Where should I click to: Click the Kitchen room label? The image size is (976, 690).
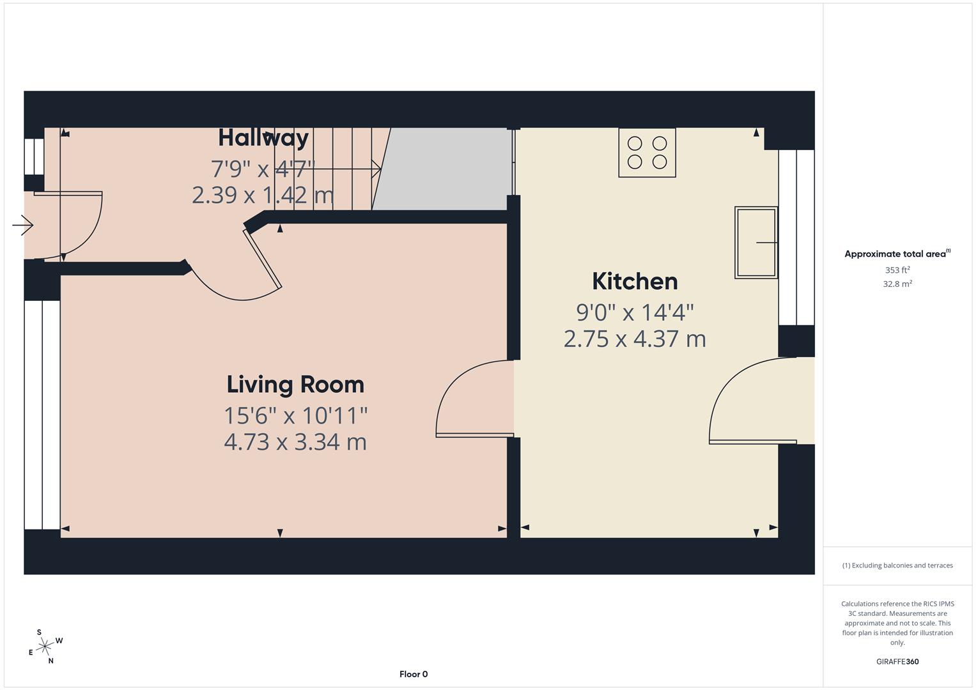[x=634, y=281]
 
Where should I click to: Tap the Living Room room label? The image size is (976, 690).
[x=295, y=384]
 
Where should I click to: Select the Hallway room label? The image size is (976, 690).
[x=263, y=138]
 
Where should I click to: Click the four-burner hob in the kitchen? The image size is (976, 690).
[x=647, y=153]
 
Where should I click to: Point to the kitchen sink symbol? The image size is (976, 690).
[x=756, y=242]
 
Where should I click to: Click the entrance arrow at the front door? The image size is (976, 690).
[x=23, y=225]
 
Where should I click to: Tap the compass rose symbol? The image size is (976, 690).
[x=45, y=647]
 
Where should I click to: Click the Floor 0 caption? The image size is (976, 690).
[x=414, y=674]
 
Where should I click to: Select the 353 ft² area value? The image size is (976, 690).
[x=897, y=270]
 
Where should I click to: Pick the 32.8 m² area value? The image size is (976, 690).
[x=897, y=284]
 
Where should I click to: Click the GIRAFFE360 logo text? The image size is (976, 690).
[x=897, y=661]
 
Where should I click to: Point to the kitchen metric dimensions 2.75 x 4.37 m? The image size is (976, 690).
[x=634, y=339]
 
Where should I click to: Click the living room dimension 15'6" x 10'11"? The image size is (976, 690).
[x=295, y=416]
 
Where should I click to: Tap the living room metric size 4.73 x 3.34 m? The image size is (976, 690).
[x=295, y=442]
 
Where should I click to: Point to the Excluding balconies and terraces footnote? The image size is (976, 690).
[x=897, y=565]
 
